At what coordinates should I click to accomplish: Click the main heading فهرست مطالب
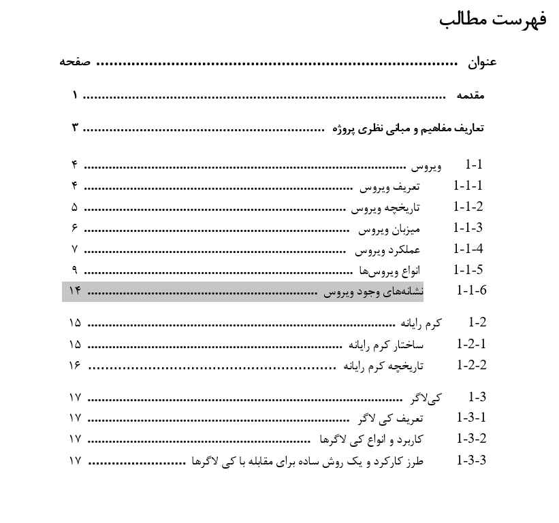click(x=494, y=20)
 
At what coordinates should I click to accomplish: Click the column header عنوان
click(x=482, y=63)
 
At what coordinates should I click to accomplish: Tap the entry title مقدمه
click(x=470, y=96)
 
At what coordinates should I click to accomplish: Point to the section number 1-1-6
click(x=472, y=291)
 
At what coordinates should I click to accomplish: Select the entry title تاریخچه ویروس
click(x=385, y=207)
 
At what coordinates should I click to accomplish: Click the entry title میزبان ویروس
click(x=389, y=229)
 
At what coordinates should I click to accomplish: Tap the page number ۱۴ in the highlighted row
click(x=74, y=291)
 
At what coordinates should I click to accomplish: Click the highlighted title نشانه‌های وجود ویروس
click(x=373, y=292)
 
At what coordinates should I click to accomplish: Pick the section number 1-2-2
click(x=472, y=365)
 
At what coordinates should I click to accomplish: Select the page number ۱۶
click(x=75, y=365)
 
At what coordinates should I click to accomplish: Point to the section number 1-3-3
click(x=472, y=460)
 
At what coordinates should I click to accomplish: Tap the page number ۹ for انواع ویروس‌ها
click(x=74, y=270)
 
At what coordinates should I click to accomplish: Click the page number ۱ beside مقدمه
click(x=74, y=96)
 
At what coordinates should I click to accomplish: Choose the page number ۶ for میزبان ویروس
click(x=74, y=228)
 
